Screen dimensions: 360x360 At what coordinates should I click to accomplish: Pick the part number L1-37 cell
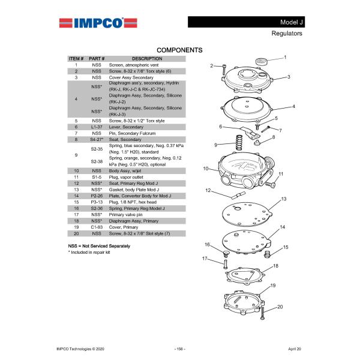(97, 127)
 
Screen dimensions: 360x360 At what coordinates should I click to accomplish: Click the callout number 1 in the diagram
(285, 57)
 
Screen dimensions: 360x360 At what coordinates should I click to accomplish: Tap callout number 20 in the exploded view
(279, 307)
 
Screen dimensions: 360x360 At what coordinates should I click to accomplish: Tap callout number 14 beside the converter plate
(282, 227)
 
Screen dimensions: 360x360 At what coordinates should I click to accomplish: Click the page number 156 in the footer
(179, 348)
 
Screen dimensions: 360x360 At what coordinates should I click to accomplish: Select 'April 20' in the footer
(295, 348)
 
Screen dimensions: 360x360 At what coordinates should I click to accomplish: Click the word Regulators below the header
(287, 34)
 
